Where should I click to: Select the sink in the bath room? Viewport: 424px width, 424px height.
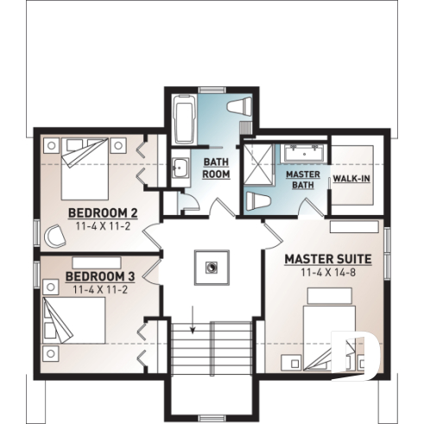click(180, 168)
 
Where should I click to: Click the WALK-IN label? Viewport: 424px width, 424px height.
click(352, 180)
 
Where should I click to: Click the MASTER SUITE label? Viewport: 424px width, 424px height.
click(328, 258)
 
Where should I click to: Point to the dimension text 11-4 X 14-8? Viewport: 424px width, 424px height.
click(328, 272)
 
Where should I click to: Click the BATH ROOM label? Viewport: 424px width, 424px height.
click(216, 168)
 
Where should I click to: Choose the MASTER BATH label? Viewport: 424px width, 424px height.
click(303, 180)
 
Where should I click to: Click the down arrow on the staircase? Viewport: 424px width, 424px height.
click(193, 329)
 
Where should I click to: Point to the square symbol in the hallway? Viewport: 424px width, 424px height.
click(212, 267)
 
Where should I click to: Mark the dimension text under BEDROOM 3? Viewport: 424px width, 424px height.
click(100, 290)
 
